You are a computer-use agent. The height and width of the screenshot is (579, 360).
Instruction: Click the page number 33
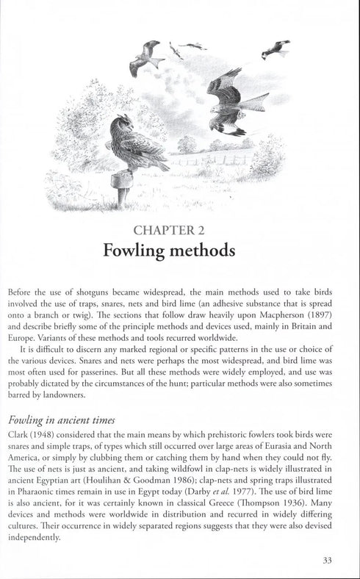point(328,560)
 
